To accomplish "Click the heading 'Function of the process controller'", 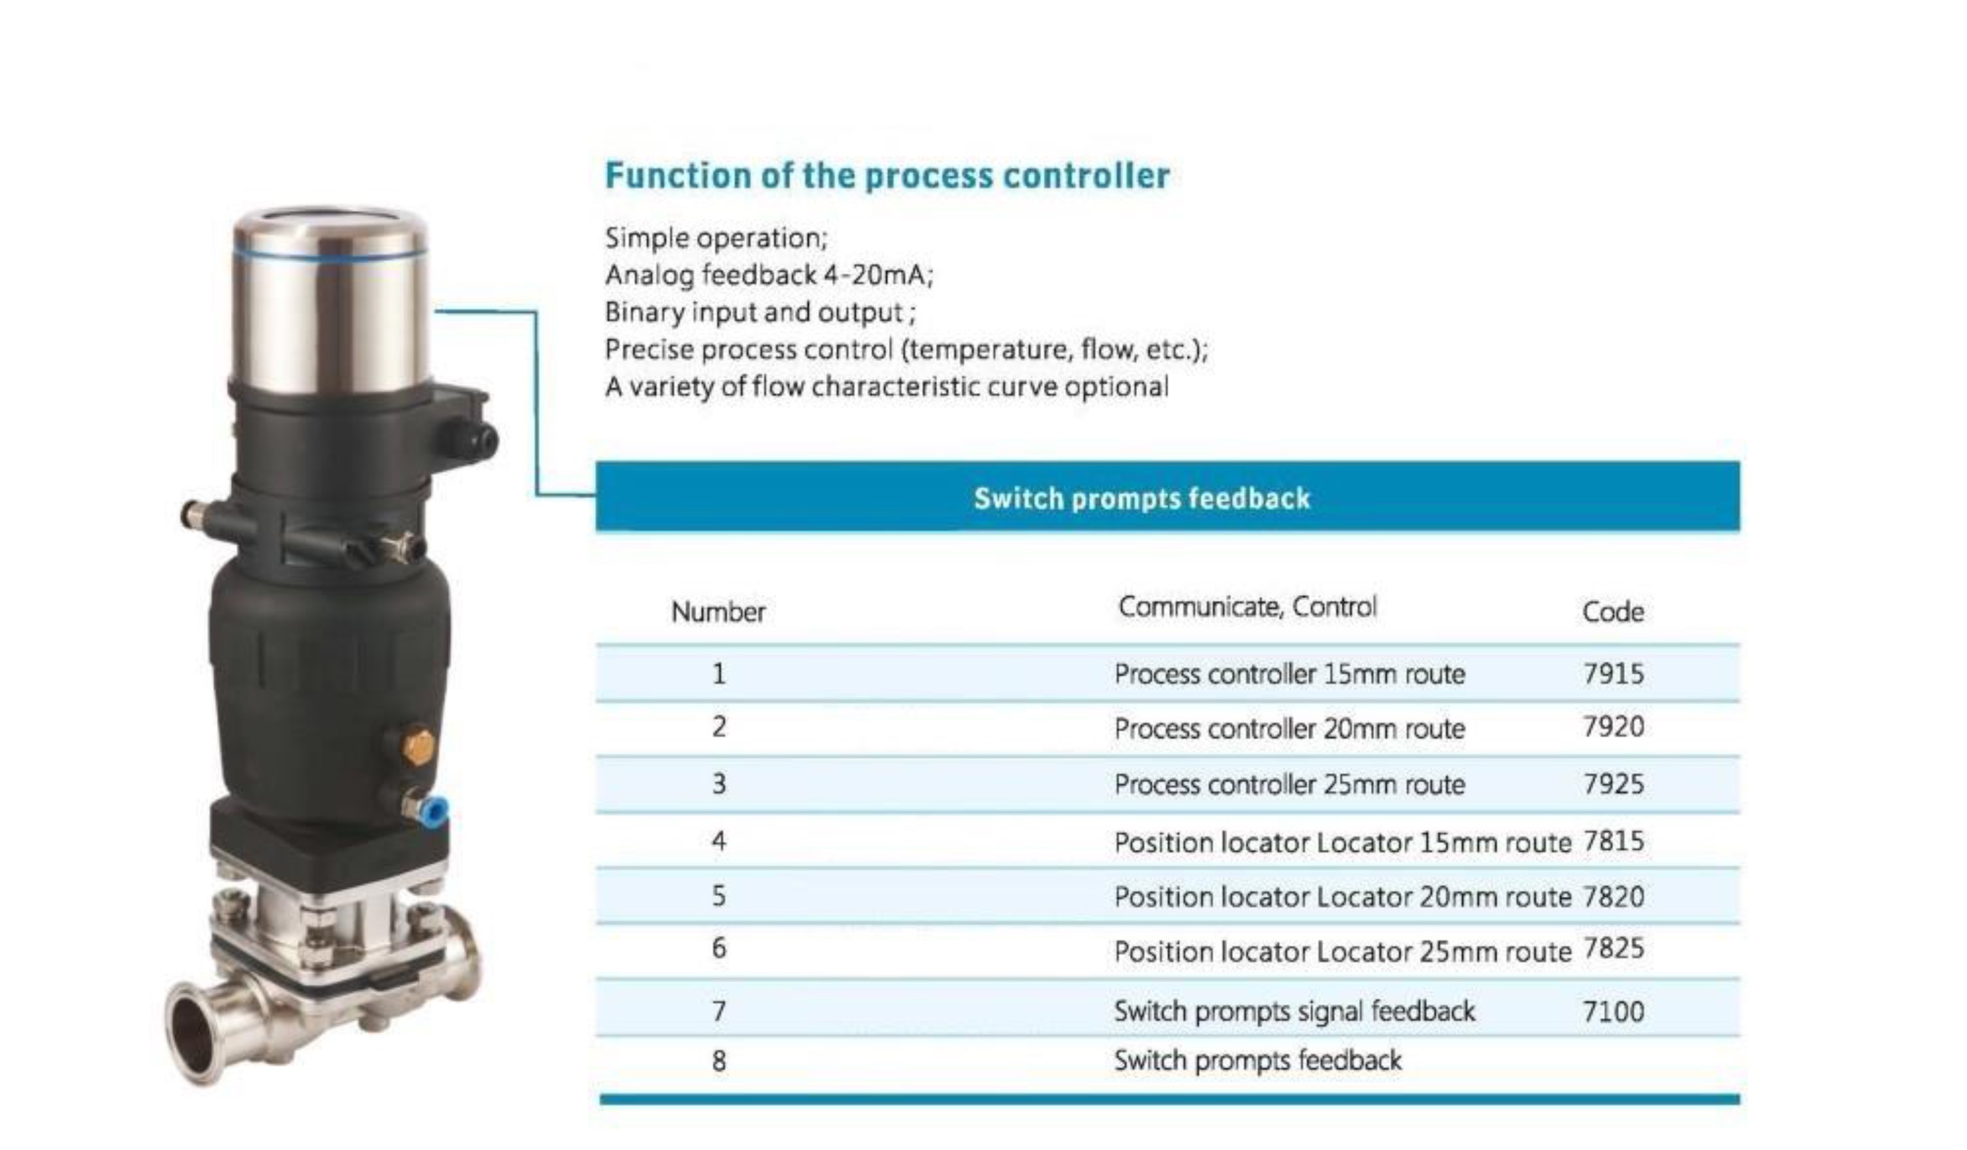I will pyautogui.click(x=887, y=176).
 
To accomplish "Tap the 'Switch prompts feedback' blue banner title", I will pyautogui.click(x=1141, y=498).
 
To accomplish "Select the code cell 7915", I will pyautogui.click(x=1613, y=673).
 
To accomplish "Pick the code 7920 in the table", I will pyautogui.click(x=1613, y=727).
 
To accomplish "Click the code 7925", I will pyautogui.click(x=1613, y=783).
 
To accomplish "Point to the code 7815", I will pyautogui.click(x=1613, y=841).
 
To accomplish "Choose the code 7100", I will pyautogui.click(x=1613, y=1011).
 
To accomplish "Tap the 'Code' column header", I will pyautogui.click(x=1613, y=612).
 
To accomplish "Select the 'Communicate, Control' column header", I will pyautogui.click(x=1247, y=606).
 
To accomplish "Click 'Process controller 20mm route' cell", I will pyautogui.click(x=1289, y=729).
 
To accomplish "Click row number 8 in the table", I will pyautogui.click(x=719, y=1061).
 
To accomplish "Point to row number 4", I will pyautogui.click(x=719, y=841).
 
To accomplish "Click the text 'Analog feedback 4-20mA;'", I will pyautogui.click(x=769, y=275).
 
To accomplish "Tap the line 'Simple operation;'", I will pyautogui.click(x=716, y=238).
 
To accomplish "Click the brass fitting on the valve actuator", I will pyautogui.click(x=419, y=747).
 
